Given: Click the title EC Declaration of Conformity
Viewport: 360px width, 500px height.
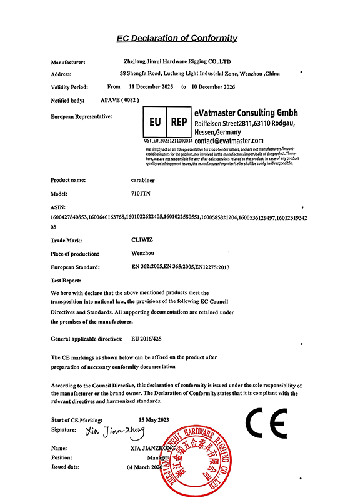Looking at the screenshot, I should coord(177,38).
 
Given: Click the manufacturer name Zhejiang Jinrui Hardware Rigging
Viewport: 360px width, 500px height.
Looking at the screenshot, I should coord(178,62).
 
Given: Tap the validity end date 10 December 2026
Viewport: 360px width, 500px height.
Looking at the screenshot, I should coord(214,87).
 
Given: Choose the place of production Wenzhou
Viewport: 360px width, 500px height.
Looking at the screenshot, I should coord(136,253).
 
